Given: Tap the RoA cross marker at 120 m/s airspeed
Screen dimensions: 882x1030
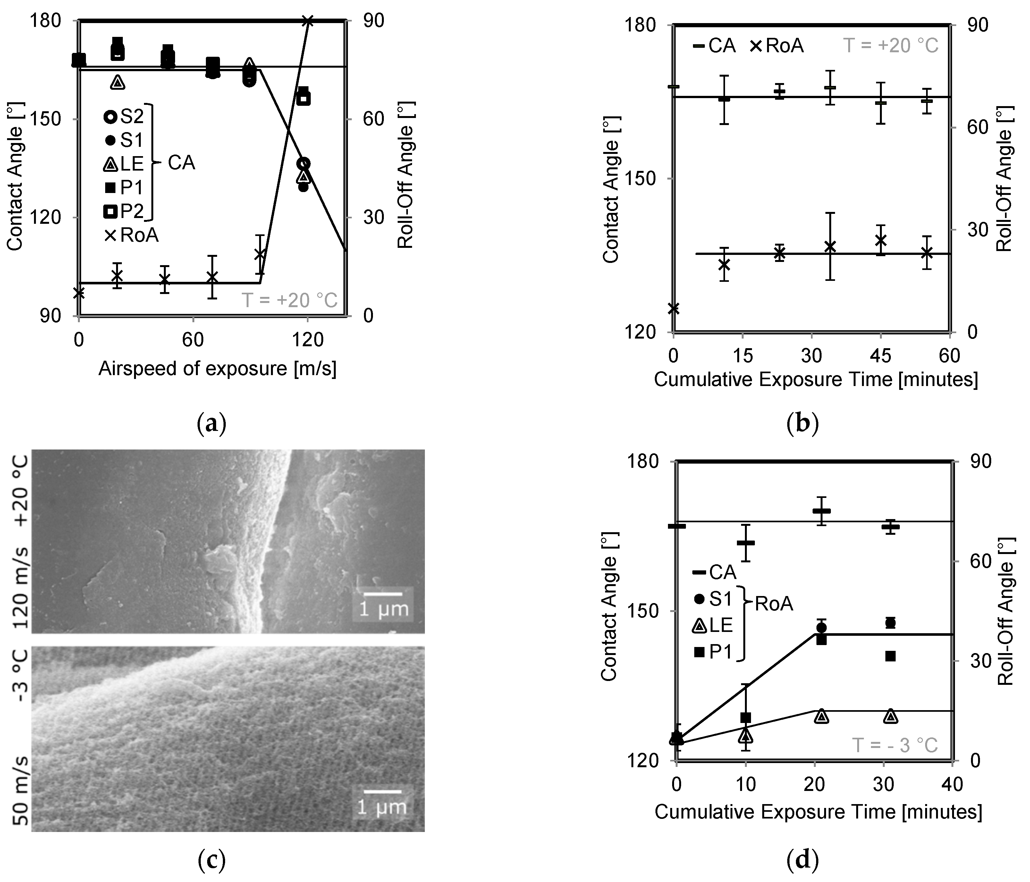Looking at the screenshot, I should [x=308, y=21].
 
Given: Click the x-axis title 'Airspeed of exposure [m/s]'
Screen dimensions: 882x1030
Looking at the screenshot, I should [x=217, y=369].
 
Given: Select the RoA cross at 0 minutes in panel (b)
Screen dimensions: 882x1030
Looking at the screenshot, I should [x=674, y=308].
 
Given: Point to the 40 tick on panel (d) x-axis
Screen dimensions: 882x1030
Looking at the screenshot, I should [x=951, y=784].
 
